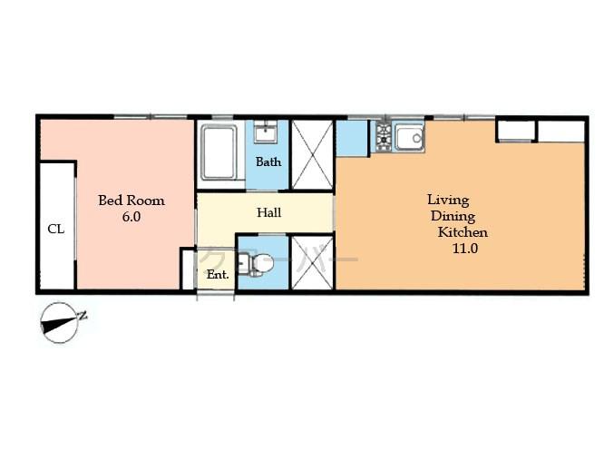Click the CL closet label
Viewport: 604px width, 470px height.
(x=55, y=229)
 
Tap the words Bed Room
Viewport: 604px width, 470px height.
(x=132, y=201)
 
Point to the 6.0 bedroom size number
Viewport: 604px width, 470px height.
(x=131, y=218)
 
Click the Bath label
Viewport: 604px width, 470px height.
(x=268, y=162)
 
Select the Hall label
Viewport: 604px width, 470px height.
(x=268, y=213)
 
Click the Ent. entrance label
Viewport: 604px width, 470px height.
(x=218, y=274)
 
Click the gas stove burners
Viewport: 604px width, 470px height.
(x=382, y=137)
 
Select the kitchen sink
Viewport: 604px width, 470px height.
(x=409, y=138)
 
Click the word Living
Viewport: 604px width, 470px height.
(x=448, y=200)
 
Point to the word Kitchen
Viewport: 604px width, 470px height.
(x=463, y=232)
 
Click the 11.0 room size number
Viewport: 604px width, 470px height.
(x=465, y=249)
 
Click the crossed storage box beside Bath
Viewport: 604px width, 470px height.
(x=312, y=155)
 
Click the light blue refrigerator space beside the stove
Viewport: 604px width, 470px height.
(x=351, y=138)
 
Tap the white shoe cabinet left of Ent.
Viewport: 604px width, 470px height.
(x=189, y=269)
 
